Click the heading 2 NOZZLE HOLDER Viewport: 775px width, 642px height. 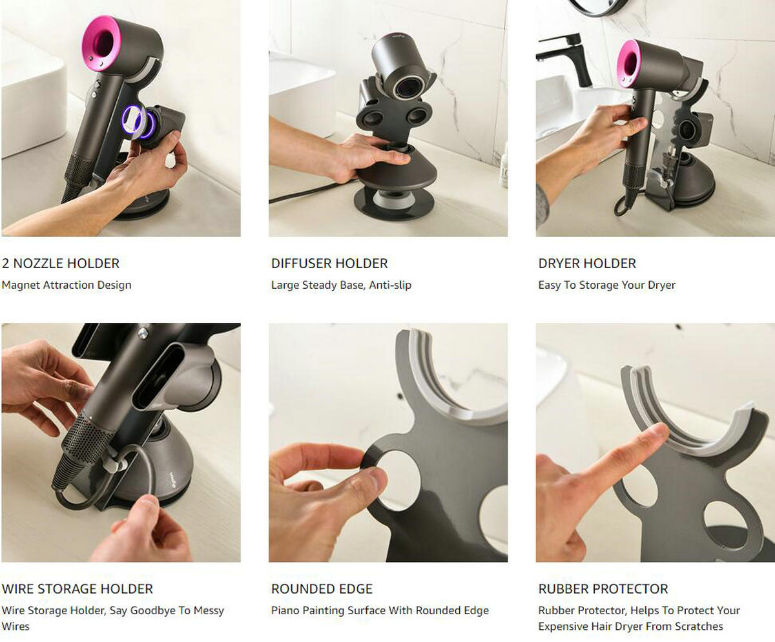[x=61, y=264]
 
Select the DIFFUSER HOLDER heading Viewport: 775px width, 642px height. [x=329, y=264]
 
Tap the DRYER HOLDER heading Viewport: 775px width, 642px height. [x=587, y=264]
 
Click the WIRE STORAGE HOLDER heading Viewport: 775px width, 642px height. [x=77, y=589]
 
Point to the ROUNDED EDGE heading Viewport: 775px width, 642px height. [x=322, y=589]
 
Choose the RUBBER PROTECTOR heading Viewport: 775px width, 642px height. [x=603, y=589]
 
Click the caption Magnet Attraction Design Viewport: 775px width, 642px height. [x=67, y=285]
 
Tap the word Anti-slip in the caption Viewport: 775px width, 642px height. [x=390, y=285]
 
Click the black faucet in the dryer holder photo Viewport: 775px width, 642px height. [x=567, y=56]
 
